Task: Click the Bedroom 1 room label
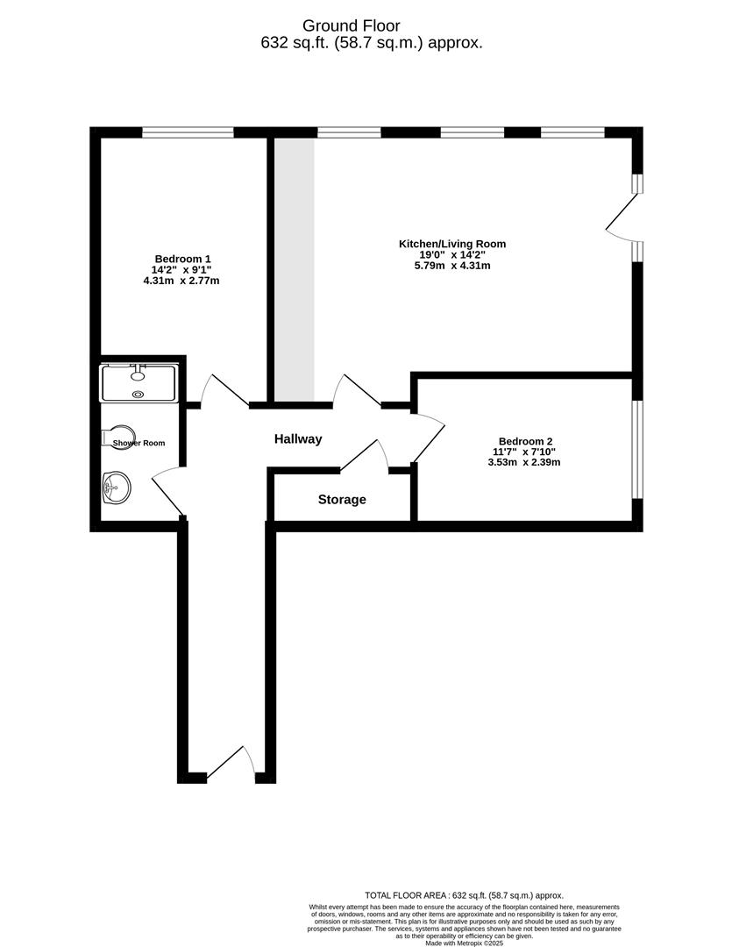[x=182, y=259]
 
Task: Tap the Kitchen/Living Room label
[x=452, y=244]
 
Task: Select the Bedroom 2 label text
[x=525, y=441]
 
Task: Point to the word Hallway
[x=298, y=439]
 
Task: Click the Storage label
[x=342, y=500]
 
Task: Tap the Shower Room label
[x=139, y=443]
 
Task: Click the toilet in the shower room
[x=119, y=437]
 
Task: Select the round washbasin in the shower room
[x=116, y=487]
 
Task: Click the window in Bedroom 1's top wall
[x=188, y=132]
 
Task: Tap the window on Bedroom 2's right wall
[x=637, y=449]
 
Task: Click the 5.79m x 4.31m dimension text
[x=452, y=266]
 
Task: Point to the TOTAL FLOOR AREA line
[x=464, y=894]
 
